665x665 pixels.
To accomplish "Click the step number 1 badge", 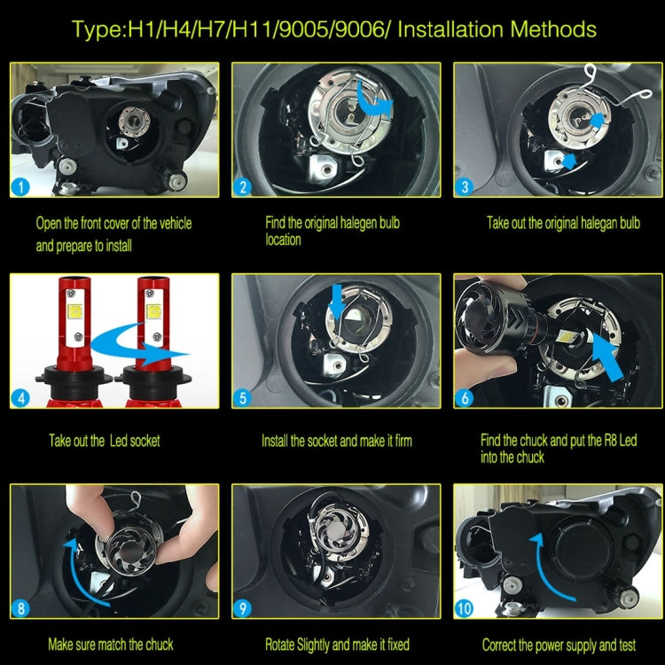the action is coord(20,187).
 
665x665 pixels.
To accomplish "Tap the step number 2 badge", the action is coord(243,187).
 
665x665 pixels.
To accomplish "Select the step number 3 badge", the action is coord(465,187).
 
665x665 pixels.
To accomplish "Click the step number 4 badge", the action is coord(20,398).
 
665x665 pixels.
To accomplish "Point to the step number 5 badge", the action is coord(243,398).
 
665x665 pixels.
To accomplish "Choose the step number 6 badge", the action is coord(465,398).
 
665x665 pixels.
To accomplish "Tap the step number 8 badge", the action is coord(20,608).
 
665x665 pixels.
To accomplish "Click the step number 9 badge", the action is coord(243,608).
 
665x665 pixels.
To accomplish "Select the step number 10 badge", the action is coord(465,608).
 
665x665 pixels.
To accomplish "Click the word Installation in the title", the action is coord(450,29).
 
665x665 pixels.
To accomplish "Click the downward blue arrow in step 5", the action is coord(336,301).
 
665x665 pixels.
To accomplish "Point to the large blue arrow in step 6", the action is coord(607,356).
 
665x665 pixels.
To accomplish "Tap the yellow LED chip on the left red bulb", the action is coord(75,311).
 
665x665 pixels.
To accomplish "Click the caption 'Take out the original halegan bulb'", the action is coord(563,223).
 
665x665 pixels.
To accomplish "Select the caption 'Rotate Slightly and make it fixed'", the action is coord(337,645).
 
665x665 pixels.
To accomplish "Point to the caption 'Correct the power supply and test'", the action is coord(559,645).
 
